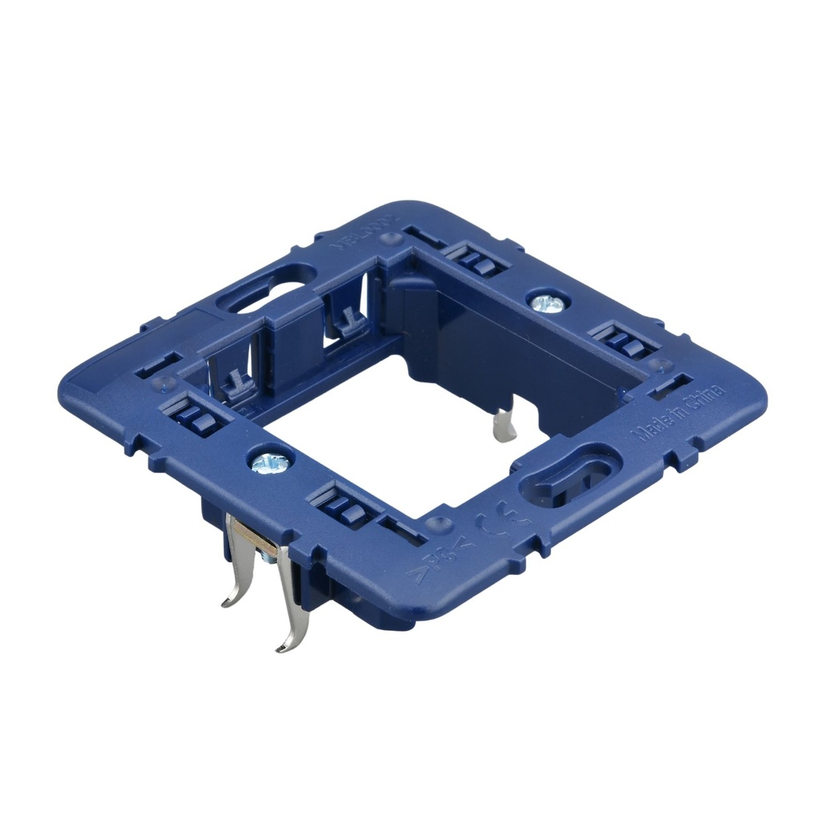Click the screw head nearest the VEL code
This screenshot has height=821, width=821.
548,302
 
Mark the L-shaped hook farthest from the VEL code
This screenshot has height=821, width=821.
236,384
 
